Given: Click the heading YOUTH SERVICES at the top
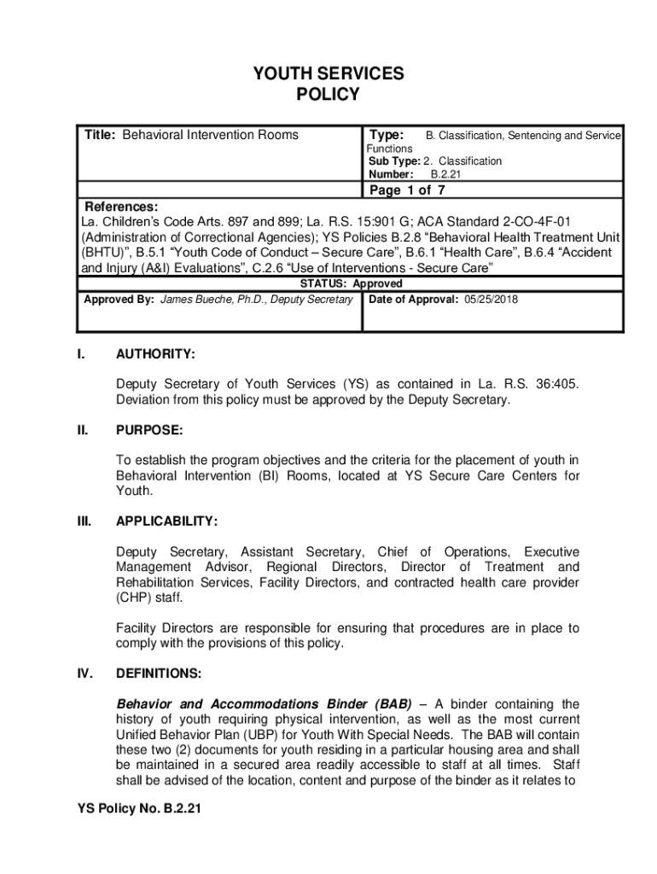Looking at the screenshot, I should (328, 74).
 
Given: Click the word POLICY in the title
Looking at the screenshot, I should (328, 95).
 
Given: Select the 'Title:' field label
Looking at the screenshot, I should (100, 136).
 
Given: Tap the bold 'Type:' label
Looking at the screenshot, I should (386, 136).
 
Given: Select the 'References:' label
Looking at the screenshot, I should (120, 207).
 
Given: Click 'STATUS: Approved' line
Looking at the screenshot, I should (352, 283).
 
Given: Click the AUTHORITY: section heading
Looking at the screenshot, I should (156, 353).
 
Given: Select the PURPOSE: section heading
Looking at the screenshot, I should (149, 431).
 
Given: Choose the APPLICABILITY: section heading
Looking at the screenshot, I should (166, 521).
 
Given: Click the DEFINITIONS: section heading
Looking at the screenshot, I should (159, 673).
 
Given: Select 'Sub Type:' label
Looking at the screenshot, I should (394, 161).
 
